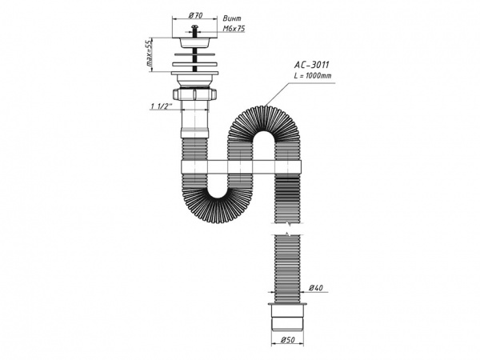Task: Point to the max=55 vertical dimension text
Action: click(x=149, y=55)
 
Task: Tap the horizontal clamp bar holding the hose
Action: click(x=240, y=167)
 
